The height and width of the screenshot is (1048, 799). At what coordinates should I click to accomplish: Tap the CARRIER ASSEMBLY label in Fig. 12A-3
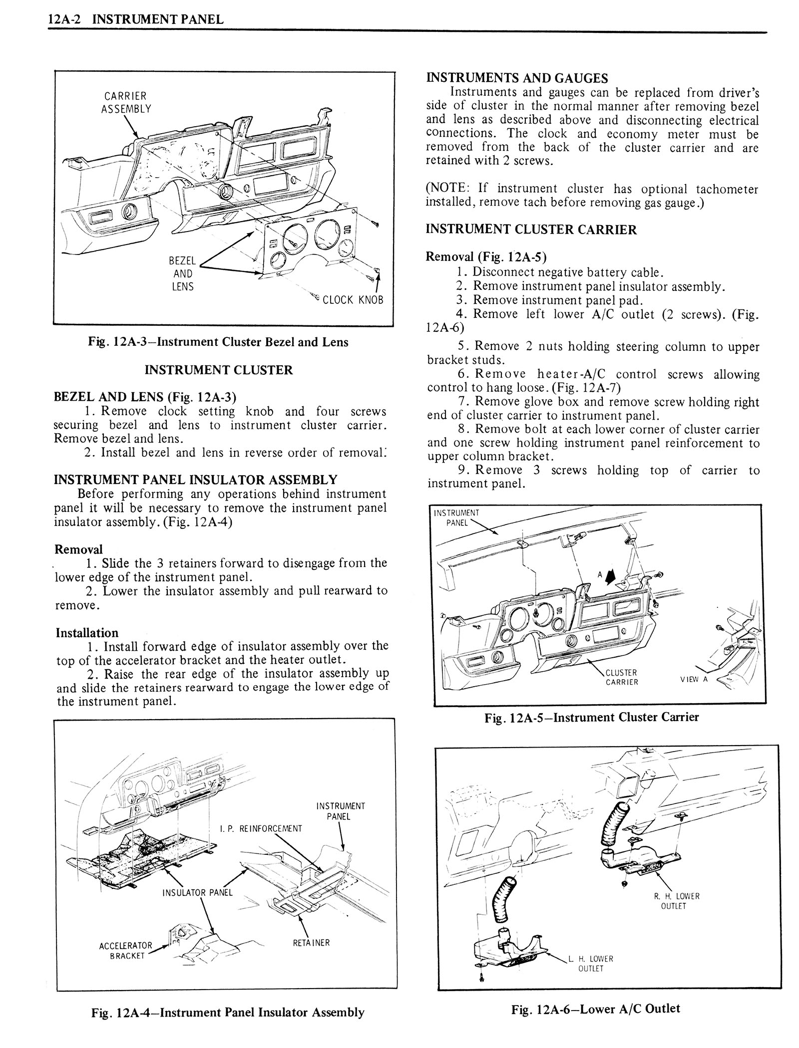pos(125,102)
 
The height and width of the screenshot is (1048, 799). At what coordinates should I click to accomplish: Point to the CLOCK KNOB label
pos(353,300)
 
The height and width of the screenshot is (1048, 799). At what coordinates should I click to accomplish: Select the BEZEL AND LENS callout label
pos(182,273)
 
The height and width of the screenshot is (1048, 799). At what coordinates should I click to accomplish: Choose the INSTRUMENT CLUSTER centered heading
pos(218,370)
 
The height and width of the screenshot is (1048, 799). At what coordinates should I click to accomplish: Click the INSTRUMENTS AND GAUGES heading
pos(516,78)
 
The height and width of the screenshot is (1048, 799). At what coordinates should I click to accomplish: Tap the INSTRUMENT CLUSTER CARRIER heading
pos(531,230)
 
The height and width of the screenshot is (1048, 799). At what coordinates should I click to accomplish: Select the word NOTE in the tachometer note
pos(451,189)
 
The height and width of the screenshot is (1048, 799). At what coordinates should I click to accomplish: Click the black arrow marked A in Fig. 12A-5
pos(610,577)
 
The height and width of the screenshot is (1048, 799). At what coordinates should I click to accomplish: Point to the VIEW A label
pos(694,679)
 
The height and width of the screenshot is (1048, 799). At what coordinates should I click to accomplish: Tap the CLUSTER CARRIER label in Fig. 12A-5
pos(621,677)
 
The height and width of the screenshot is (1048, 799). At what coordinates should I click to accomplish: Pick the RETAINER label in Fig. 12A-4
pos(311,943)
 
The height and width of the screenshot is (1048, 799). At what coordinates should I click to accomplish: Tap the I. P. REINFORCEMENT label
pos(261,828)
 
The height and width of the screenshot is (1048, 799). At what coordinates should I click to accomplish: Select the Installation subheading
pos(87,633)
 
